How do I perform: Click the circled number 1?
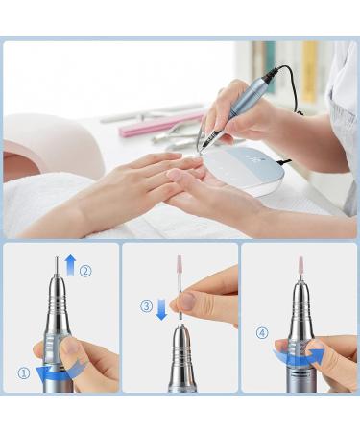click(x=23, y=373)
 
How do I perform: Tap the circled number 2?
click(x=85, y=271)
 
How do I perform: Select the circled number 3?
click(x=146, y=307)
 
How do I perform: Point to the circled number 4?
click(x=262, y=334)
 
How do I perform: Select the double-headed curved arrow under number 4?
click(x=298, y=357)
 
